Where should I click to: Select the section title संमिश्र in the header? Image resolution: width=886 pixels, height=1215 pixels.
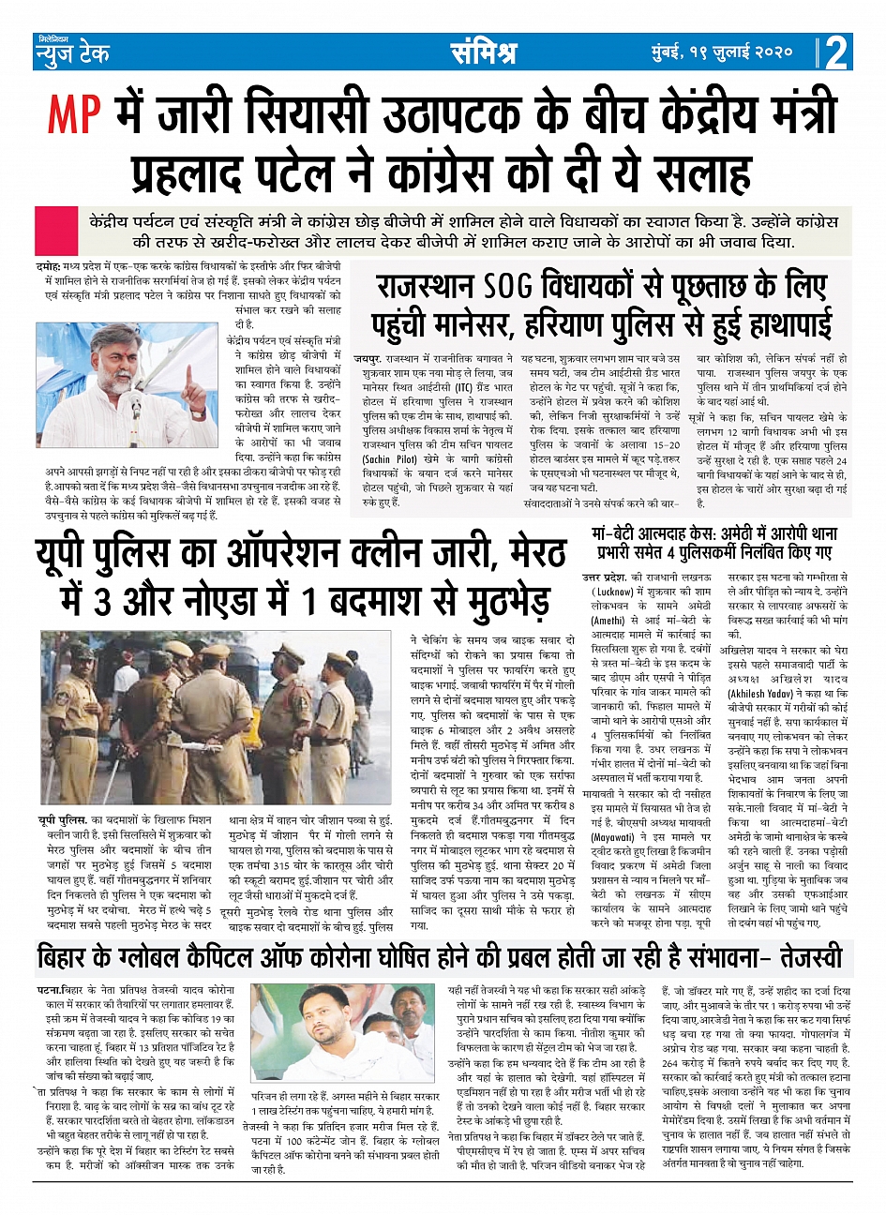(483, 52)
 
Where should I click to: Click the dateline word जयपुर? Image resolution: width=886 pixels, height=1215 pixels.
(368, 359)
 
